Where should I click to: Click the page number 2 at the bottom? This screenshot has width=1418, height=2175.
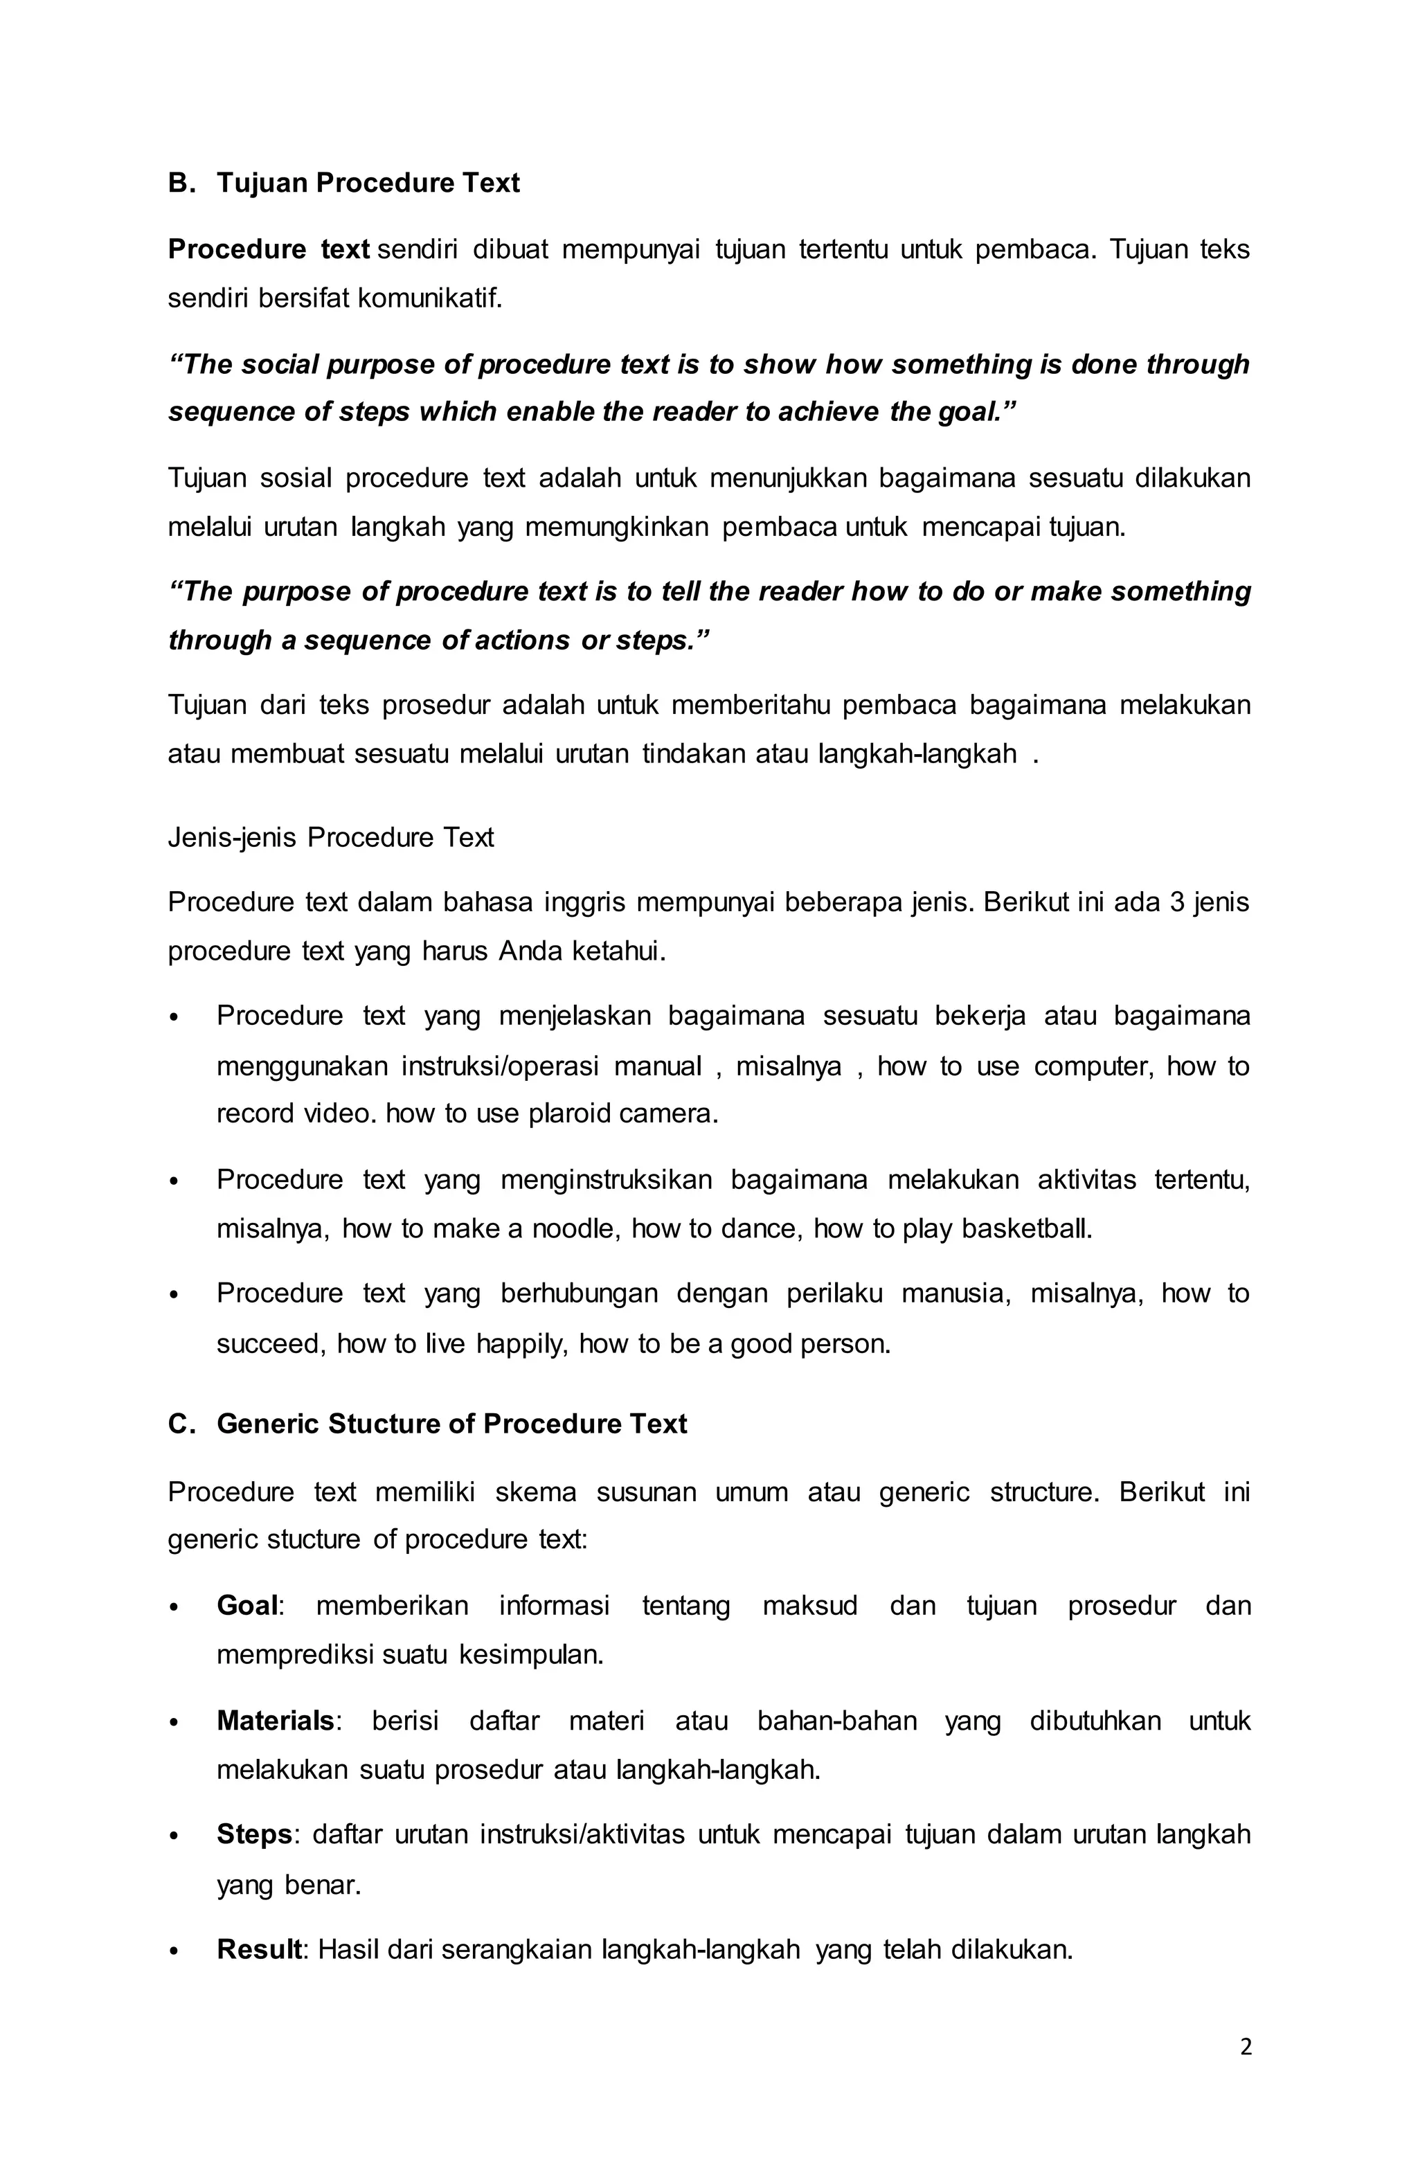pyautogui.click(x=1246, y=2047)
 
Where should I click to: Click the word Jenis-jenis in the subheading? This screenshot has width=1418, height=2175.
pyautogui.click(x=232, y=837)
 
